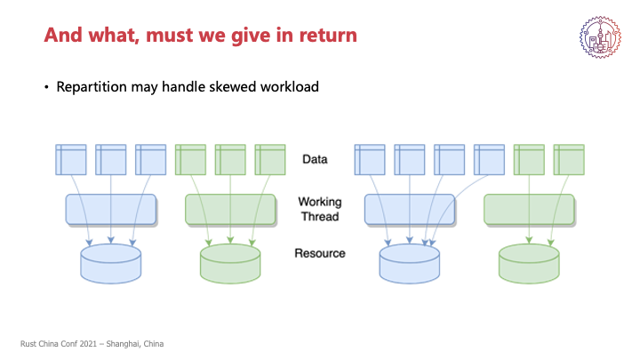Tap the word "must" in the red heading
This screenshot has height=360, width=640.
[x=170, y=36]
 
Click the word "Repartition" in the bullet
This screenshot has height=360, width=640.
[x=92, y=87]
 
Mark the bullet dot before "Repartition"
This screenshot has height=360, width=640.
[x=46, y=87]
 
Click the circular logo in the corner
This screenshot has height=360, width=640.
[x=600, y=37]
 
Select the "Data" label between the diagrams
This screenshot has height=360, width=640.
[x=315, y=159]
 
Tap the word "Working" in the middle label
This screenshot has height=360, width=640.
[x=320, y=202]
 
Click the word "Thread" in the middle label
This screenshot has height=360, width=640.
[x=320, y=216]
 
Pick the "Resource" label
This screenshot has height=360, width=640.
[x=320, y=253]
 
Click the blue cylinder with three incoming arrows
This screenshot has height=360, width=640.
[x=110, y=264]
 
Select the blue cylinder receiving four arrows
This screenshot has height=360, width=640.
[x=410, y=264]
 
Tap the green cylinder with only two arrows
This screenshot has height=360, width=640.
[x=529, y=264]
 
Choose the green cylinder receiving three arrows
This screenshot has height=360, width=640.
[x=230, y=264]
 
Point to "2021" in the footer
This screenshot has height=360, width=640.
[x=88, y=344]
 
